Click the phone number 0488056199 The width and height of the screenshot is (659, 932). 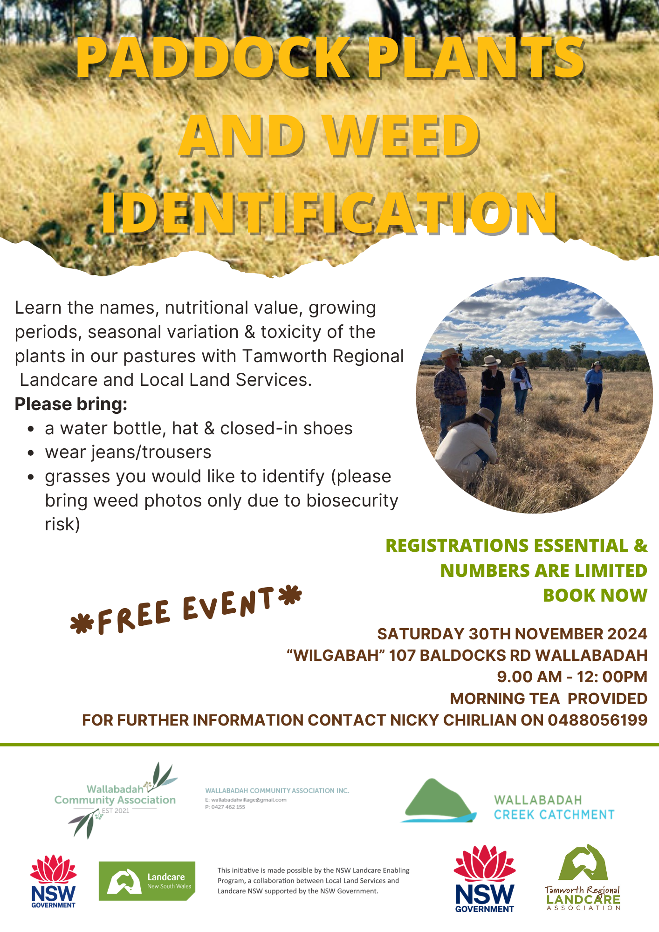(597, 720)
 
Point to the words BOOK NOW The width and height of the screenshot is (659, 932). (595, 595)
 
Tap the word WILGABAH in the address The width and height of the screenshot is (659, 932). (336, 655)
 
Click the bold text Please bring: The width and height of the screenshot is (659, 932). (71, 404)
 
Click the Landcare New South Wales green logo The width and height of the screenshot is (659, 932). (147, 881)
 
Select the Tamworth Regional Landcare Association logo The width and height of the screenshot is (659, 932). (583, 878)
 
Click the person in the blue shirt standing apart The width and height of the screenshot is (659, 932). (594, 387)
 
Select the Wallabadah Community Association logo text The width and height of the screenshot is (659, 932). (115, 795)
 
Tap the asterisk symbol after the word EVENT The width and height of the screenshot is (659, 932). (290, 596)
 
